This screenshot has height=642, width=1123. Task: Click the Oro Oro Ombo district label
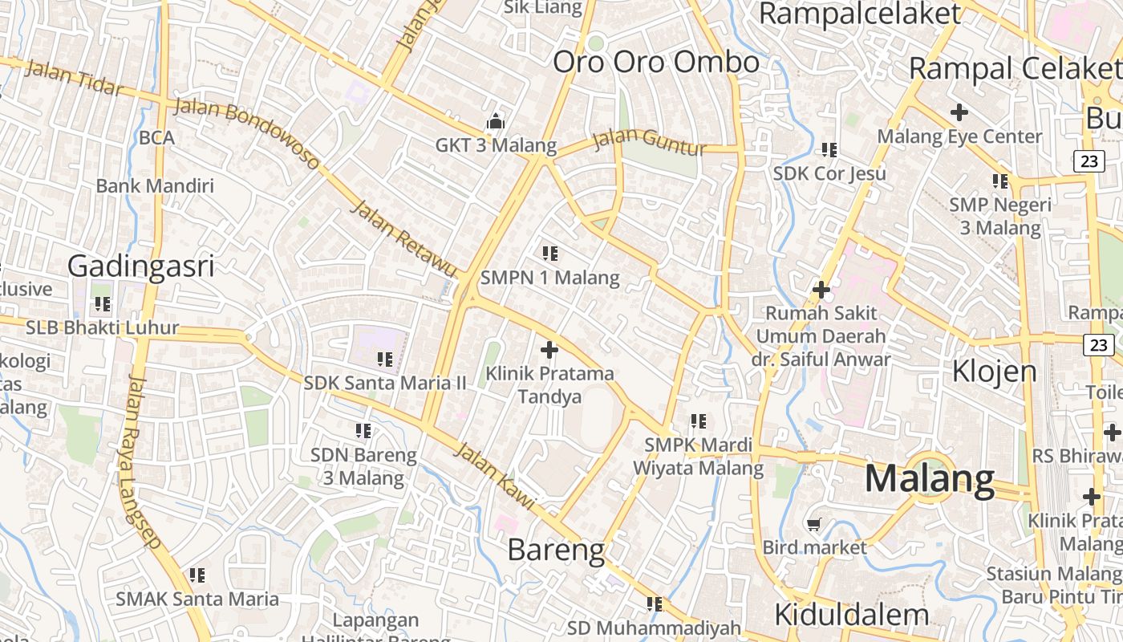(x=656, y=62)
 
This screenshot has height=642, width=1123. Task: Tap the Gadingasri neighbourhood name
(x=141, y=266)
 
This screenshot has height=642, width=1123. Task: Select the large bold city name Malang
(x=930, y=479)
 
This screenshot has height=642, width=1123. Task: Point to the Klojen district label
(x=995, y=371)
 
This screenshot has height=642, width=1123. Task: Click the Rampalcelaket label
(x=859, y=14)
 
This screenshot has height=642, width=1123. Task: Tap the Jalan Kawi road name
(x=495, y=474)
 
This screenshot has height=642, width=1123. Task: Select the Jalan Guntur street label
(x=651, y=143)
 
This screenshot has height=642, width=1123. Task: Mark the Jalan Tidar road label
(x=75, y=77)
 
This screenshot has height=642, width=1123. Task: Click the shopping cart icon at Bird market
(x=814, y=525)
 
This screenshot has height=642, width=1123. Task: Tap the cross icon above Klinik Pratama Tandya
(x=549, y=350)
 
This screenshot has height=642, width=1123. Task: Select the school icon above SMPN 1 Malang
(x=550, y=254)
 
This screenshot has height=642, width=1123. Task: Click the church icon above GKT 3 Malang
(x=496, y=122)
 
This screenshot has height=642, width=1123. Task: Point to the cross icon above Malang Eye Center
(x=959, y=112)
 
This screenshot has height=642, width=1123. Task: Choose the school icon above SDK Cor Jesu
(x=829, y=149)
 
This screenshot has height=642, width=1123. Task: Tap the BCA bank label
(x=156, y=137)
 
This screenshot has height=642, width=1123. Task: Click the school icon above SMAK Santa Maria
(x=197, y=575)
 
